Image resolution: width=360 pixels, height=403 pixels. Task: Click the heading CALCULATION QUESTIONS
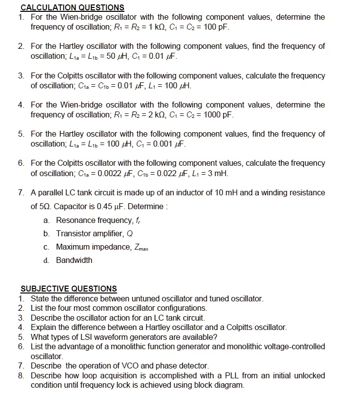coord(72,7)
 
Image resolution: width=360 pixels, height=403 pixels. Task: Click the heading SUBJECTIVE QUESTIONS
coord(69,289)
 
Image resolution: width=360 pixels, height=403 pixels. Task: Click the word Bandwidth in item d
coord(74,260)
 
